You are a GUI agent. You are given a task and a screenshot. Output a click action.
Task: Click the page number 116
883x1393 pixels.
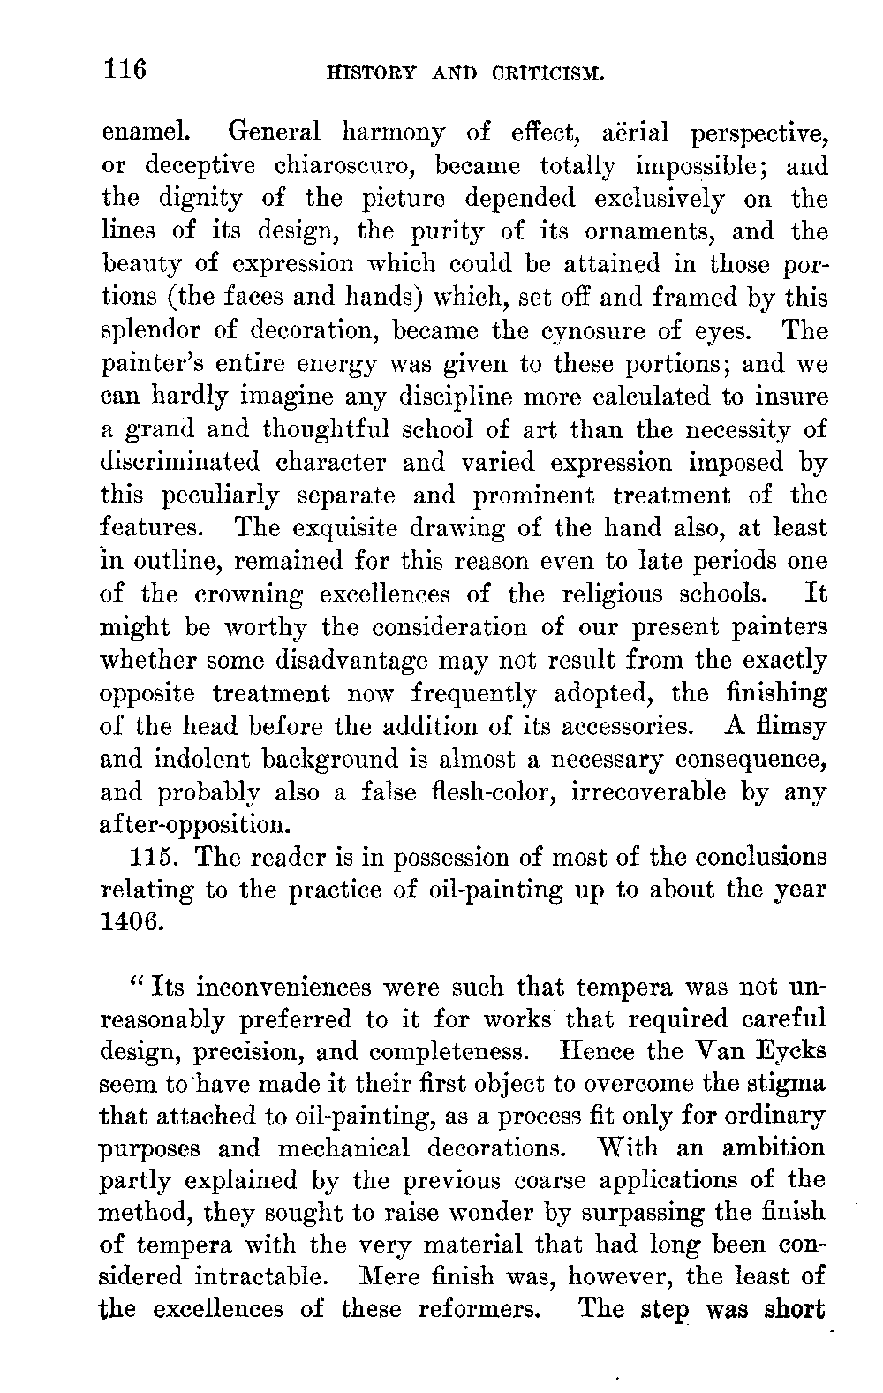click(124, 68)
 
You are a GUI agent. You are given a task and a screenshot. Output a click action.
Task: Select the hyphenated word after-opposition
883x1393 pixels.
click(195, 826)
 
